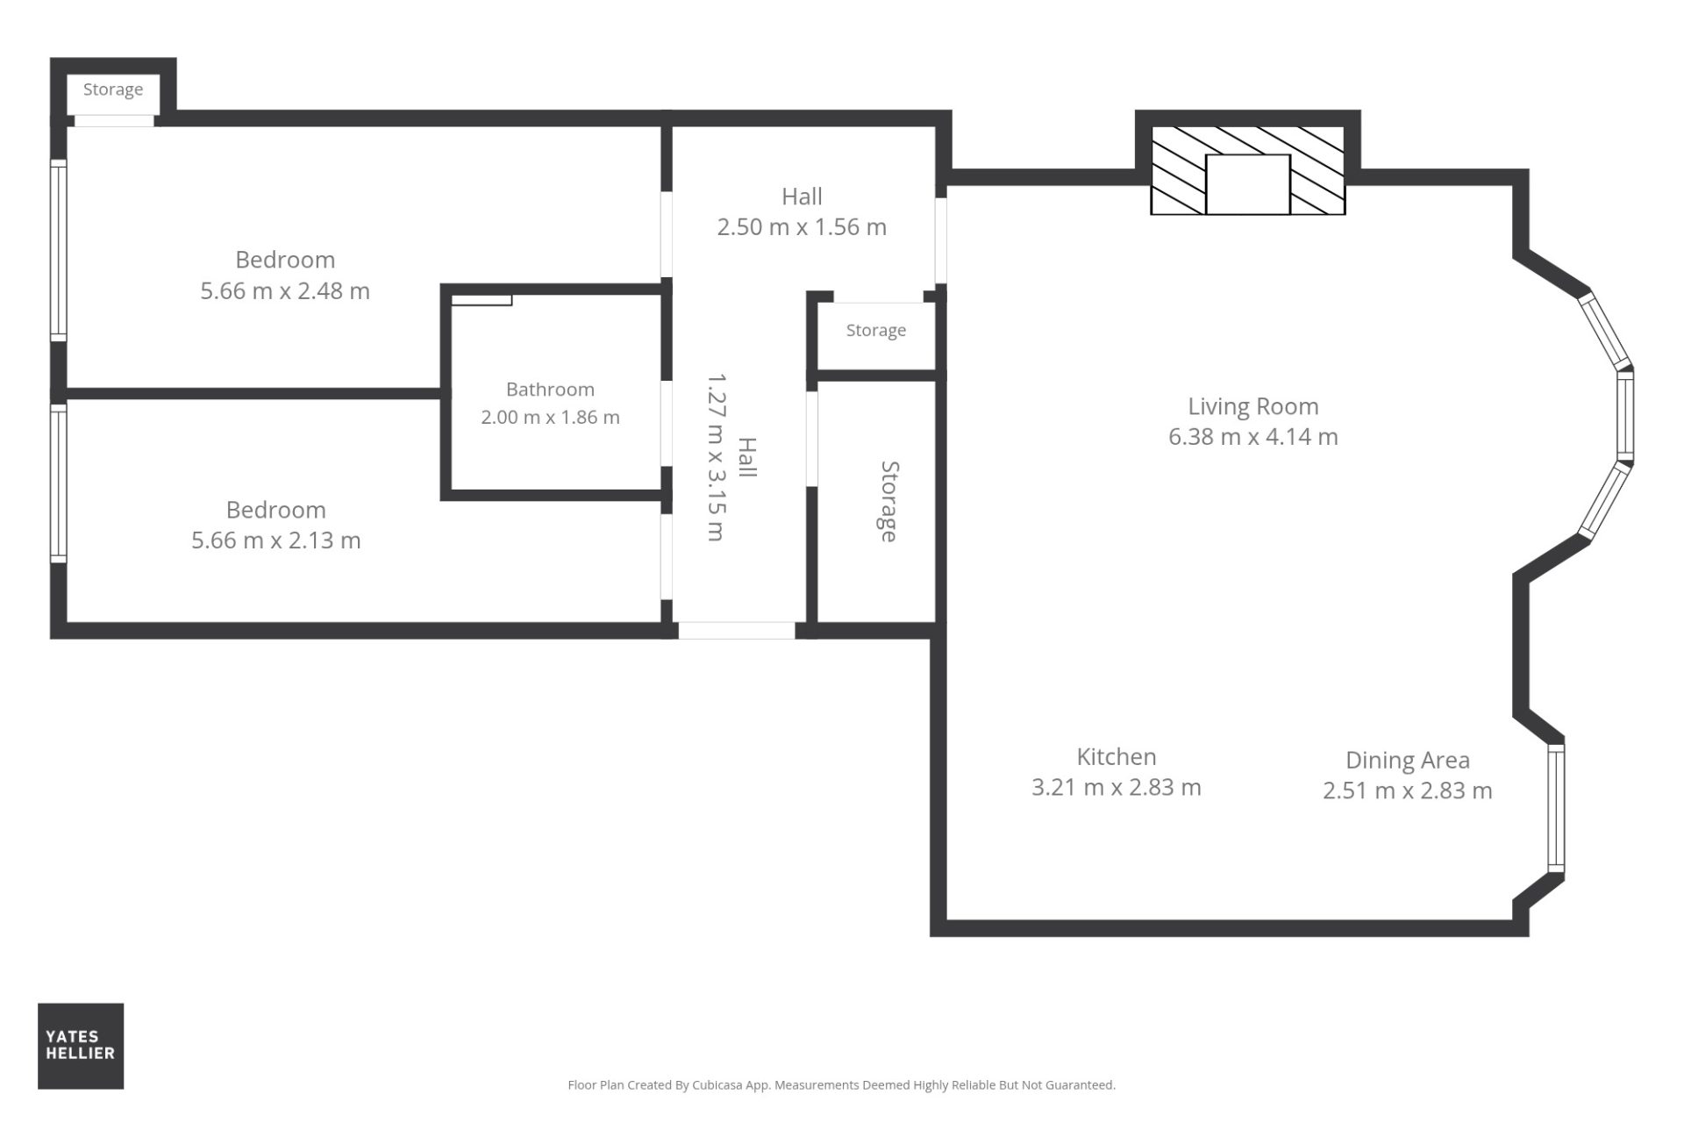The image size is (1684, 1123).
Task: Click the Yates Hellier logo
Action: tap(81, 1046)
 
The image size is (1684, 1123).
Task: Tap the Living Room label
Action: tap(1253, 406)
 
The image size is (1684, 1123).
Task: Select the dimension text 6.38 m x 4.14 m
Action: tap(1253, 436)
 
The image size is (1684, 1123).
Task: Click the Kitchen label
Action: tap(1117, 756)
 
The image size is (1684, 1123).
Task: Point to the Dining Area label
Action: tap(1408, 761)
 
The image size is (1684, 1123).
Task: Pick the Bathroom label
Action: tap(550, 390)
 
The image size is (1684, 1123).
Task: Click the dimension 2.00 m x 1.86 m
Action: tap(550, 418)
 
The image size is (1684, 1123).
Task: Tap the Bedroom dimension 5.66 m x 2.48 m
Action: tap(285, 290)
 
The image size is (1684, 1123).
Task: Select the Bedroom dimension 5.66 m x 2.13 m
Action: tap(276, 540)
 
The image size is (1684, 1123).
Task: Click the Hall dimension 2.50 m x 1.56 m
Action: tap(802, 226)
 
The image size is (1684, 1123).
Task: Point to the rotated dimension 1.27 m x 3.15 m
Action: tap(717, 457)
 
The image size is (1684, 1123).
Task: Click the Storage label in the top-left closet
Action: tap(113, 89)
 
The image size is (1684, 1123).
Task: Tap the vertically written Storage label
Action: tap(889, 502)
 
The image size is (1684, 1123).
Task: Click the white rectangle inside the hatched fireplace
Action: tap(1247, 184)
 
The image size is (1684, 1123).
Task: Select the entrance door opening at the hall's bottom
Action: tap(737, 630)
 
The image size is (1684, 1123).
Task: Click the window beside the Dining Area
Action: tap(1556, 808)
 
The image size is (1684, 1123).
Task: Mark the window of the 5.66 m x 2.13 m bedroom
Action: tap(58, 483)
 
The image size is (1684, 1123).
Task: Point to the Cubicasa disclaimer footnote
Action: tap(842, 1085)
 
